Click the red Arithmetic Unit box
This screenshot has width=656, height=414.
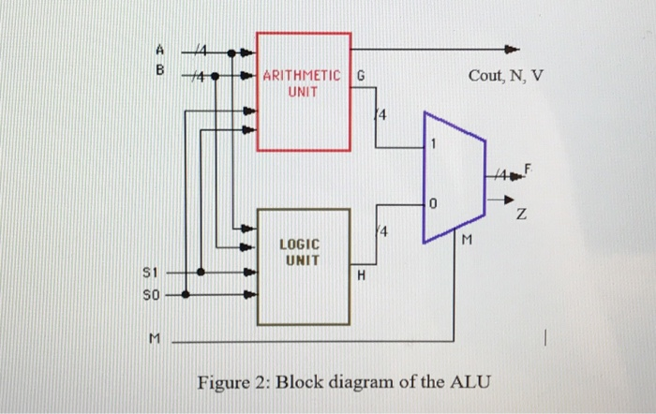(x=303, y=91)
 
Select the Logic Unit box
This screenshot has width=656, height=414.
(x=305, y=265)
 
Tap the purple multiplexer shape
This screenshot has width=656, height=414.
(x=454, y=176)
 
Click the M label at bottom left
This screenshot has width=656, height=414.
(x=151, y=342)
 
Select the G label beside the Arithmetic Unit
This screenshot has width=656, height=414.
(x=362, y=77)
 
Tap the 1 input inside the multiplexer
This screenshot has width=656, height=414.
(x=434, y=144)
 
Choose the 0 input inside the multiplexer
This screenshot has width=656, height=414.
(x=433, y=202)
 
